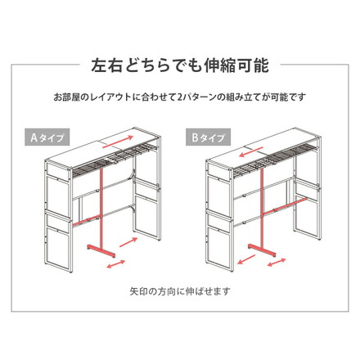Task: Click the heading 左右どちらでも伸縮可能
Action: click(180, 65)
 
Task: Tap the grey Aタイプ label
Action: click(47, 137)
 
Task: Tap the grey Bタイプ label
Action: click(208, 137)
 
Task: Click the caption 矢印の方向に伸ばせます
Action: click(180, 291)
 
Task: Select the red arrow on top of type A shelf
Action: click(118, 142)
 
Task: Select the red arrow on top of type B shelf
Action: click(252, 152)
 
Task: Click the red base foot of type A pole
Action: click(101, 251)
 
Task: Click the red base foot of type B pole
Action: click(262, 250)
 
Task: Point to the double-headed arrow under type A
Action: click(116, 264)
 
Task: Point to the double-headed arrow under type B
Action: click(277, 263)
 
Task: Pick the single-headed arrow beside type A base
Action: click(128, 242)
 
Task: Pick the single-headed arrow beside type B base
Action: click(246, 259)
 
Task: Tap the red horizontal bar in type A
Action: click(87, 220)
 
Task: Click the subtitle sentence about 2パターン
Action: click(180, 97)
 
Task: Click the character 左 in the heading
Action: click(98, 65)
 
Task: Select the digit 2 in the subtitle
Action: click(179, 97)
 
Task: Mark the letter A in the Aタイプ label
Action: click(34, 137)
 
